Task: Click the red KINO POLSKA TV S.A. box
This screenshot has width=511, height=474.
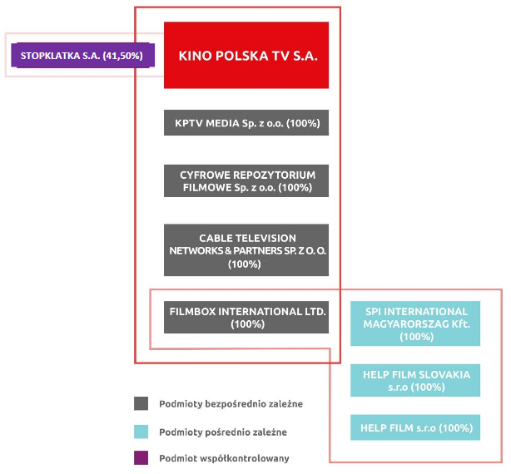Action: tap(246, 55)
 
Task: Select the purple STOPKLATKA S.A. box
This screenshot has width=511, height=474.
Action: tap(82, 56)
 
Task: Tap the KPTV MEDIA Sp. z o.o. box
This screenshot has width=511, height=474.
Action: tap(246, 123)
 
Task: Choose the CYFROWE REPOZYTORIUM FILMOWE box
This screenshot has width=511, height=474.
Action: tap(246, 181)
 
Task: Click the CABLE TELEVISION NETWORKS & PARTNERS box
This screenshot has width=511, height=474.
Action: tap(246, 250)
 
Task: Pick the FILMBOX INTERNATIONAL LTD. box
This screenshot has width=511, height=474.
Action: tap(246, 318)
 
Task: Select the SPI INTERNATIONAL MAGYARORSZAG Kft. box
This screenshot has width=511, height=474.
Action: tap(415, 323)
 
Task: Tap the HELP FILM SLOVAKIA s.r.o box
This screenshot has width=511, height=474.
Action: tap(415, 380)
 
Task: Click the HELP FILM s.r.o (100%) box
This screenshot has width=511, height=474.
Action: tap(415, 427)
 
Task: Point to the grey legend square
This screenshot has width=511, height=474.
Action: tap(141, 403)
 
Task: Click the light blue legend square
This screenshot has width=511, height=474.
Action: tap(141, 432)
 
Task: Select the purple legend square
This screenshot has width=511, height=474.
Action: tap(141, 457)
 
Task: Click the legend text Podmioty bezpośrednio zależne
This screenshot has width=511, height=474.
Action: tap(231, 404)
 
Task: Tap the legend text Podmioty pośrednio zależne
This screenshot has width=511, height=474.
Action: tap(223, 432)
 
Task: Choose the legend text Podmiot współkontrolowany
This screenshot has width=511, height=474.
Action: tap(224, 458)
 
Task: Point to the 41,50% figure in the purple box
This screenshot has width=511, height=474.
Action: tap(123, 56)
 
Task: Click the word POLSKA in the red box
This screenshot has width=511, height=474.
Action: tap(242, 56)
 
